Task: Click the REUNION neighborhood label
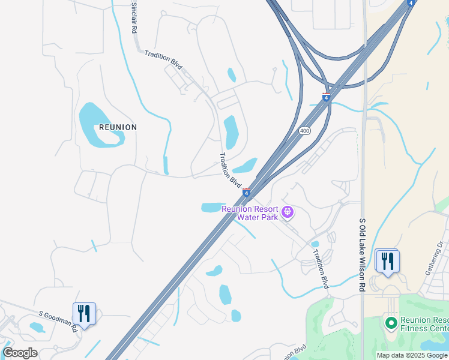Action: pos(118,127)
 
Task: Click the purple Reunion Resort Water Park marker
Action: pos(288,211)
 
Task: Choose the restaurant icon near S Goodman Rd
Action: pos(83,313)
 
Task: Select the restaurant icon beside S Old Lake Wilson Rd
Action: pos(388,261)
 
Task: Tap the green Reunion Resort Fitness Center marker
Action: pos(391,324)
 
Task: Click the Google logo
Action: pos(20,353)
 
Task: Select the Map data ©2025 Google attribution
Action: pos(412,355)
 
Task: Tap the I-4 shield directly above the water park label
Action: pos(246,192)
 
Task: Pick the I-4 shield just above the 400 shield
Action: pos(326,97)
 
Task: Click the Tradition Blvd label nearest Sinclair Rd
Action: pos(163,60)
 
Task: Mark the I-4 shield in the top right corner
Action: pos(411,3)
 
